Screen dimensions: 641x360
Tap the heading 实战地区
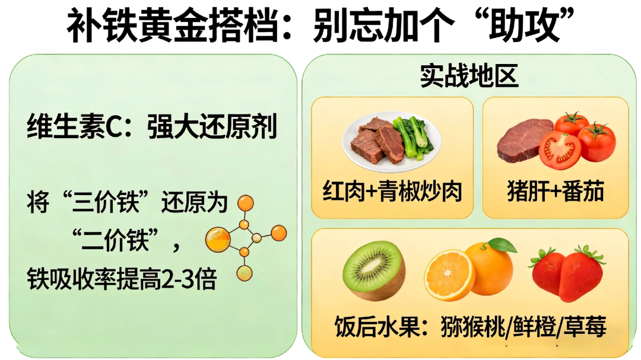click(469, 76)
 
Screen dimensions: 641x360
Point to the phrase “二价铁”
click(115, 240)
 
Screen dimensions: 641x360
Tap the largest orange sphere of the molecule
click(218, 240)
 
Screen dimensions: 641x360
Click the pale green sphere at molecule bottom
click(245, 273)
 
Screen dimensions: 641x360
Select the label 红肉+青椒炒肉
click(392, 191)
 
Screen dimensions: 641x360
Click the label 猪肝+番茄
click(556, 191)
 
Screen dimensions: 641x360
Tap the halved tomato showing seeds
click(560, 151)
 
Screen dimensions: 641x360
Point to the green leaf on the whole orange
click(502, 245)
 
